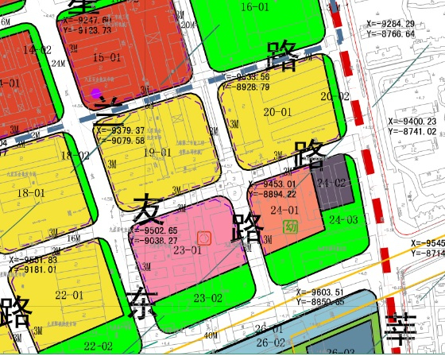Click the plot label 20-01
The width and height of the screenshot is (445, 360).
tap(278, 113)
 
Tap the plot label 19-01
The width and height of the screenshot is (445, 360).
tap(156, 153)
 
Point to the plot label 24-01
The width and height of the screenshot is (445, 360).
tap(284, 210)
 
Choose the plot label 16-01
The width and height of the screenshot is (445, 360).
tap(256, 7)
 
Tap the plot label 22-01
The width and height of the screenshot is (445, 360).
tap(70, 296)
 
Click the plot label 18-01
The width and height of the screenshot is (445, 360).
tap(31, 193)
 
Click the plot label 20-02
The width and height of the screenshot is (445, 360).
tap(335, 96)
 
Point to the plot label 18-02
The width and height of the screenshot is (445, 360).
tap(76, 156)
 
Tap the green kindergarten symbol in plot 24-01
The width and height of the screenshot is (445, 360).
tap(292, 227)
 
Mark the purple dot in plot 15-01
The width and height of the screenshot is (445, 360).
tap(96, 93)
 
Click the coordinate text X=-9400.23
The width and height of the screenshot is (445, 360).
tap(412, 122)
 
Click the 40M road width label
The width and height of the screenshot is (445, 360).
tap(211, 336)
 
